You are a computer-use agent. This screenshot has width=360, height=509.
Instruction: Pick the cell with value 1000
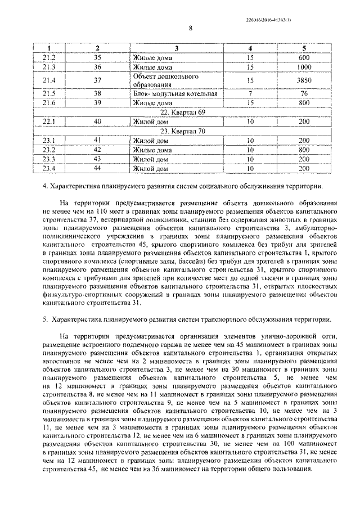304,67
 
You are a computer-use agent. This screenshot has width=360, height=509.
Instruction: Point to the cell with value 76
304,93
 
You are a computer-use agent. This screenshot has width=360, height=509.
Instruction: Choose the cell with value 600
304,58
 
